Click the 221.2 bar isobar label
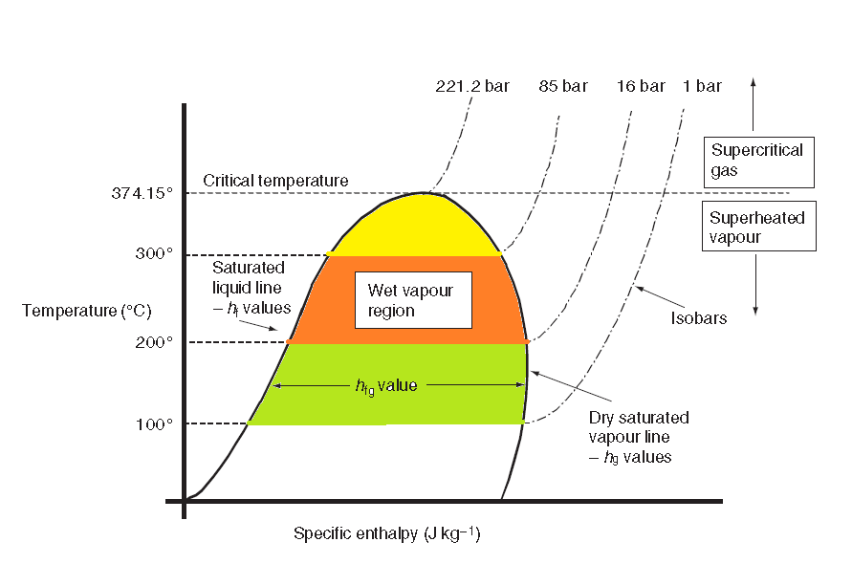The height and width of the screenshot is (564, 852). tap(472, 86)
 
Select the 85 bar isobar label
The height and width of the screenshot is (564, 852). tap(562, 86)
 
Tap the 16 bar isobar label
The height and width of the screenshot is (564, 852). tap(641, 86)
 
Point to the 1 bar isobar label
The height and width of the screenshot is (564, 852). tap(702, 86)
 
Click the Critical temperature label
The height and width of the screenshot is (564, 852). tap(275, 180)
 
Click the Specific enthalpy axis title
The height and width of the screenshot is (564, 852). tap(386, 533)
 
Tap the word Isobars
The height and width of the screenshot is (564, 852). tap(698, 317)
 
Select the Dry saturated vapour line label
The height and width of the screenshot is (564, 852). tap(639, 438)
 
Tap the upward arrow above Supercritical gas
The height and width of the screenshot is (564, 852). tap(754, 104)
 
